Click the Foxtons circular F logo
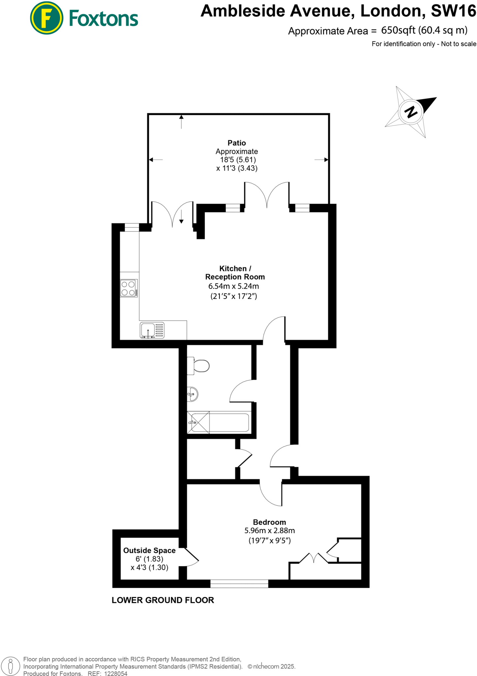pos(46,18)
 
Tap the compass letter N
pos(411,112)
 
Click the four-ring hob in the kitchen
pos(129,288)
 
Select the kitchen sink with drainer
pos(152,330)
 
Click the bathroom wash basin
pos(193,394)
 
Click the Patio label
pos(237,143)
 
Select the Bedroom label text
pos(269,522)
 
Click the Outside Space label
pos(149,550)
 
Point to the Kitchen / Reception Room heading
pos(235,273)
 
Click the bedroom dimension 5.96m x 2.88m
pos(269,530)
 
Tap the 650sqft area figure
pos(398,30)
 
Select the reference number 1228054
pos(116,674)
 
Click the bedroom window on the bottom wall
pos(239,584)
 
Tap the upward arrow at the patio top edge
pos(181,121)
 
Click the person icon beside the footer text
pos(11,666)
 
